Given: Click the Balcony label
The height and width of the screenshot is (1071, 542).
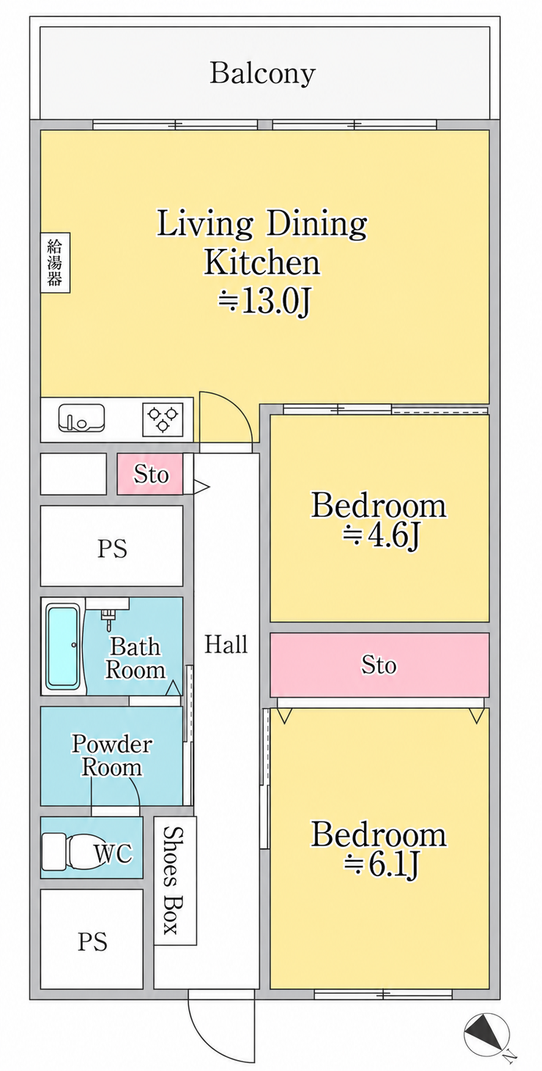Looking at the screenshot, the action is coord(263,74).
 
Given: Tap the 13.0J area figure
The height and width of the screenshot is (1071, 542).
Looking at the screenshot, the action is coord(264,302).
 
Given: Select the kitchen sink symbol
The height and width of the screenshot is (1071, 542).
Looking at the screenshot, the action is coord(81,417).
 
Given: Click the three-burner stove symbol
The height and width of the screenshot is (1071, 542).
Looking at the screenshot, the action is coord(163,419).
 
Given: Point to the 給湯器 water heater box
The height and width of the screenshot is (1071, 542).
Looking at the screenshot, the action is coord(55,263).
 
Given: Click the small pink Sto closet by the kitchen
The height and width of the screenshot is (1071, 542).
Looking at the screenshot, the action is coord(150,474).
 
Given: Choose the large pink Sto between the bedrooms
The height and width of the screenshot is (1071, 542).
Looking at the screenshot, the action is coord(379,665).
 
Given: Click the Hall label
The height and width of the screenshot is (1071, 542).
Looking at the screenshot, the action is coord(226,644).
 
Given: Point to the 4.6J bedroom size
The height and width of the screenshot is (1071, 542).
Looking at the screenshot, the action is coord(382,537).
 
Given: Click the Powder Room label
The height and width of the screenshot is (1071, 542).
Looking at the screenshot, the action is coord(112,755).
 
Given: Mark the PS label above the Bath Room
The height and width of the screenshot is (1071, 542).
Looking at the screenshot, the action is coord(112,548).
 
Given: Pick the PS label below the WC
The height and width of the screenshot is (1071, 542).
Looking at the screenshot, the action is coord(93,942).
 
